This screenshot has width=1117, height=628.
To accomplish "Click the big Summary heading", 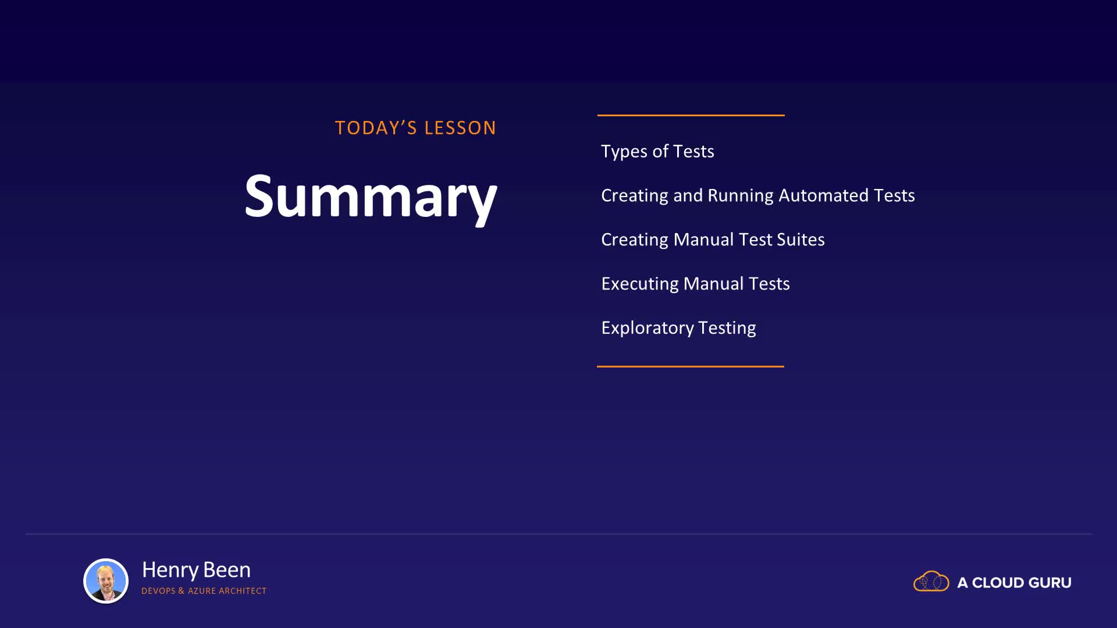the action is pos(371,198).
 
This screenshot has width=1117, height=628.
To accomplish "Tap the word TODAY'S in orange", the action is pos(376,128).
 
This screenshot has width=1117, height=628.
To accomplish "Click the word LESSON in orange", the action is pos(460,128).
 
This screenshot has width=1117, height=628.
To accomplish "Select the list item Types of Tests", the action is pos(657,151).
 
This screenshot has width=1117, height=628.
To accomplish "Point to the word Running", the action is pos(740,196).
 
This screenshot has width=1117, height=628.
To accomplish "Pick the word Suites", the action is pos(801,240).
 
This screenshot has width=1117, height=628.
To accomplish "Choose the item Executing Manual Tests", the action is pos(695,284).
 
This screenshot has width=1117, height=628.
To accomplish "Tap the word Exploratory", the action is pos(648,328).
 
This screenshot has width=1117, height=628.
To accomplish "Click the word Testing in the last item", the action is pos(727,328).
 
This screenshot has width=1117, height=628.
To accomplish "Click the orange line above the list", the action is pos(691,115).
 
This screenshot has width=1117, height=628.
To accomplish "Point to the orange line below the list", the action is pos(691,366).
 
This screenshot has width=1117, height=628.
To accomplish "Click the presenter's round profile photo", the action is pos(106,581).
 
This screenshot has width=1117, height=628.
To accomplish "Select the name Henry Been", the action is pos(196,570).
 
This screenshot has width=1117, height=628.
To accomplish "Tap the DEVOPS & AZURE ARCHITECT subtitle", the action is pos(204,591).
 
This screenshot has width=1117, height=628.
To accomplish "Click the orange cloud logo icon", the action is pos(931,581).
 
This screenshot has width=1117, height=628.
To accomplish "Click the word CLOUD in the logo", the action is pos(997,583).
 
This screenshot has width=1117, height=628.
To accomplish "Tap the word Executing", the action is pos(640,284).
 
